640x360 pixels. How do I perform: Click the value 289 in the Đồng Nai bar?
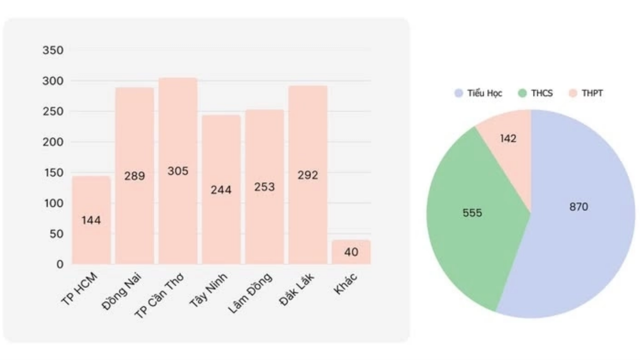tap(134, 176)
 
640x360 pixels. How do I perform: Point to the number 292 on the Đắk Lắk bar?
tap(308, 175)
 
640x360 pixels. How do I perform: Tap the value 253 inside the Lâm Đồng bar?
tap(264, 187)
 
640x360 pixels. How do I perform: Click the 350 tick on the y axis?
tap(53, 50)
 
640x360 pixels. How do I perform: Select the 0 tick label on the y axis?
tap(60, 264)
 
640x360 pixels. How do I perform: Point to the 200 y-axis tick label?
tap(53, 142)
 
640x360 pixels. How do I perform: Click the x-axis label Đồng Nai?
tap(122, 291)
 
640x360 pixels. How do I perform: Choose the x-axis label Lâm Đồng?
tap(250, 293)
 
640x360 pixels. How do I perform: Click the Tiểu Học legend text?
tap(484, 93)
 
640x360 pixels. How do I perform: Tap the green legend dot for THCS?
tap(522, 93)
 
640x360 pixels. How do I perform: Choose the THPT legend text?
tap(592, 93)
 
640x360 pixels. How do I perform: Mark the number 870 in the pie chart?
tap(578, 207)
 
